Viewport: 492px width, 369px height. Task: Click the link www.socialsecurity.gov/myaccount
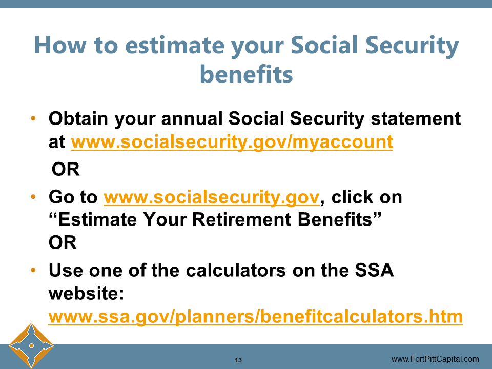[x=232, y=142]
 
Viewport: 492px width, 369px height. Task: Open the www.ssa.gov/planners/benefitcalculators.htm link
[x=255, y=317]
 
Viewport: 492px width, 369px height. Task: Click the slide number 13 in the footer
[x=238, y=359]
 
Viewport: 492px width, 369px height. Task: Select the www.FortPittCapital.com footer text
[x=435, y=359]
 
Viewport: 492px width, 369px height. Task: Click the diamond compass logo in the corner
[x=31, y=346]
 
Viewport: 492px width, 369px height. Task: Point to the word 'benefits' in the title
[x=246, y=74]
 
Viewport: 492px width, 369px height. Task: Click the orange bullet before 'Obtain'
[x=34, y=119]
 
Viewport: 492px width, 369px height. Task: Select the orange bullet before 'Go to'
[x=34, y=197]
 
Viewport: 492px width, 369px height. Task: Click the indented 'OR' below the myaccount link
[x=66, y=169]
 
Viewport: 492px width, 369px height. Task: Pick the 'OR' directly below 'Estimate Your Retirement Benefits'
[x=63, y=243]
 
